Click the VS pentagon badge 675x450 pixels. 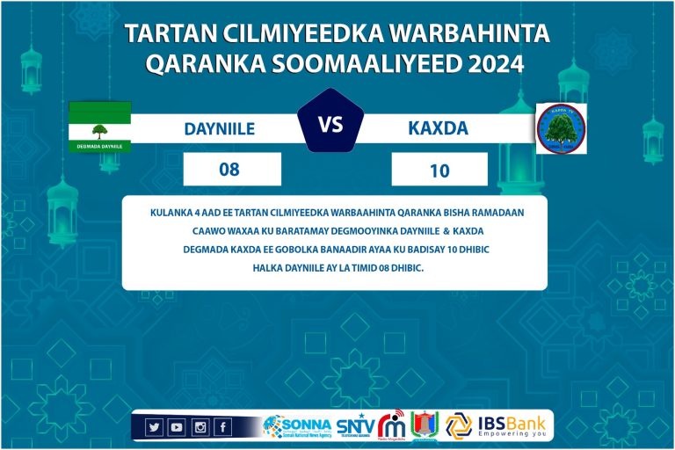(x=330, y=125)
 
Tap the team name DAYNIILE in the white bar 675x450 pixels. (x=220, y=128)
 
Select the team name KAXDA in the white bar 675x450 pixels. (x=438, y=128)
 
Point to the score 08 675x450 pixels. (x=229, y=170)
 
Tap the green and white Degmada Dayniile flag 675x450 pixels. (x=100, y=127)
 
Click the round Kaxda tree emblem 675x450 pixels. (x=562, y=128)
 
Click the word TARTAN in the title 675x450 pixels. (x=163, y=33)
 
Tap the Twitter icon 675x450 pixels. (x=154, y=427)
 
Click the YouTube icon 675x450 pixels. (x=177, y=427)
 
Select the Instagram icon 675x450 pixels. (x=200, y=427)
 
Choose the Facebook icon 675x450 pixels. (x=222, y=427)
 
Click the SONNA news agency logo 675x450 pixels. (x=296, y=426)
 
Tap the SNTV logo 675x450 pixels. (x=354, y=426)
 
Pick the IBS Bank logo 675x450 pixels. (x=497, y=425)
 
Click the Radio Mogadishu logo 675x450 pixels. (x=391, y=425)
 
